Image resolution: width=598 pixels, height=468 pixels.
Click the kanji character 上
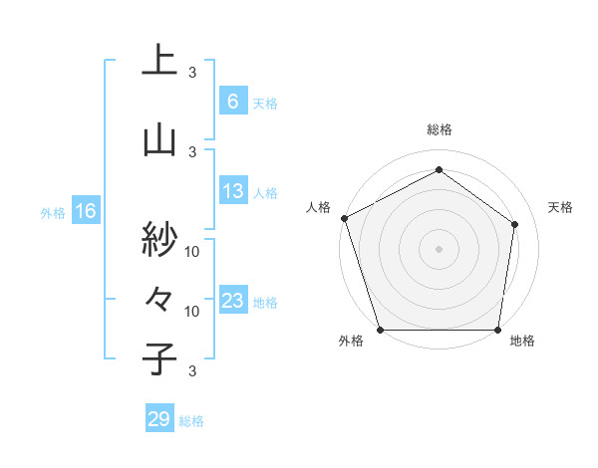tap(159, 61)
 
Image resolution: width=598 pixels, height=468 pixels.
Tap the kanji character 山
tap(159, 139)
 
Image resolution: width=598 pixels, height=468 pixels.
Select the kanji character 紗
tap(159, 238)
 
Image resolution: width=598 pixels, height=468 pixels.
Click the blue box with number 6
tap(232, 102)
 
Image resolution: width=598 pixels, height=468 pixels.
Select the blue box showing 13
tap(232, 192)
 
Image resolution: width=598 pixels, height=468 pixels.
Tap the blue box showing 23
tap(232, 302)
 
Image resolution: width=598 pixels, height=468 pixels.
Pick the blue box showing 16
tap(85, 211)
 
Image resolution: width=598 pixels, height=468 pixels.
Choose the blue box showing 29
tap(158, 419)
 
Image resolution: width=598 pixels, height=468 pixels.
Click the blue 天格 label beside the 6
tap(265, 103)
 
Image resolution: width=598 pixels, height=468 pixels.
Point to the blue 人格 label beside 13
tap(265, 193)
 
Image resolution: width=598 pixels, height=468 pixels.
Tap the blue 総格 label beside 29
tap(191, 421)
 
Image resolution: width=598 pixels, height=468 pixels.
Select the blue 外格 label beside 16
tap(52, 212)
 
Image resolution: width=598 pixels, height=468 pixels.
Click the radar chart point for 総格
tap(439, 169)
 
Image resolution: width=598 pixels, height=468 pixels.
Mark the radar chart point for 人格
tap(344, 218)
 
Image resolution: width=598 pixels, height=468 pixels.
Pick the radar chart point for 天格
tap(515, 224)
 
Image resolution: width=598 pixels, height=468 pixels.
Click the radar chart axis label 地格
tap(522, 342)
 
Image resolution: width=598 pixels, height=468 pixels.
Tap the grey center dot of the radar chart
tap(439, 249)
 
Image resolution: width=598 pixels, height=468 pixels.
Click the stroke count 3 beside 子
tap(192, 371)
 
